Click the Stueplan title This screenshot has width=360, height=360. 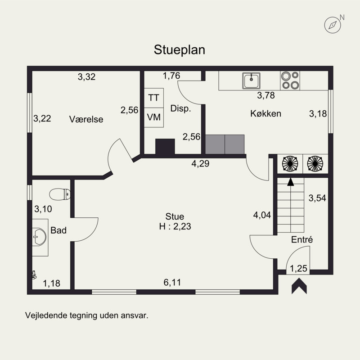pos(180,49)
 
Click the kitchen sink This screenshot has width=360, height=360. pos(252,81)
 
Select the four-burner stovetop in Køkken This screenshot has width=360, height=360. pos(290,81)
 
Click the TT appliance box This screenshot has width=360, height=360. pos(153,98)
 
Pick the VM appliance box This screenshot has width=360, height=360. pos(153,117)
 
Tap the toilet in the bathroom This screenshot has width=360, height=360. pos(60,194)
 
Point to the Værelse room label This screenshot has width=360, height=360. pos(86,119)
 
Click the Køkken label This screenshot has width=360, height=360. pos(265,113)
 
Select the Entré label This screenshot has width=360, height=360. pos(302,240)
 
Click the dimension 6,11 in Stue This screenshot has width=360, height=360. pos(172,282)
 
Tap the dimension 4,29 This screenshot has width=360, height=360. pos(200,164)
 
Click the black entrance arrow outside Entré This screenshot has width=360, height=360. pos(299,286)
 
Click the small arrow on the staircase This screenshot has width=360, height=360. pos(291,182)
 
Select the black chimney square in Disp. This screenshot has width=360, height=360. pos(165,147)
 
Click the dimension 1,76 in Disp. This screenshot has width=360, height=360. pos(171,76)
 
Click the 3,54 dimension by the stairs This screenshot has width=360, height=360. pos(317,198)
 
